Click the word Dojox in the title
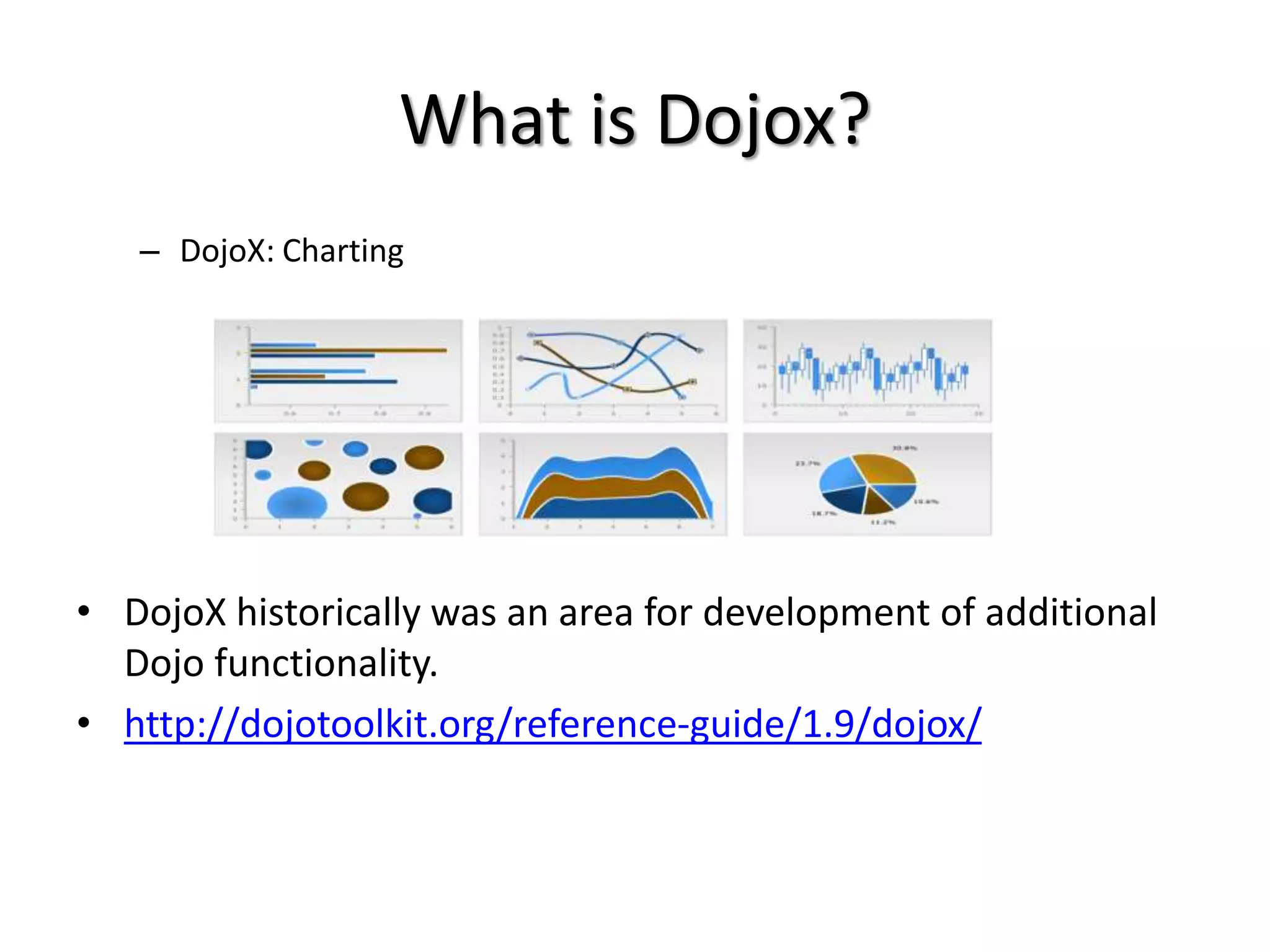746,120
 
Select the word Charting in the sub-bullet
343,252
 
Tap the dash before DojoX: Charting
149,252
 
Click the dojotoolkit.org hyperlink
552,723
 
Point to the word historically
329,612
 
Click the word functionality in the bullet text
326,663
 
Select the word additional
1071,612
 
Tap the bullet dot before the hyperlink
84,723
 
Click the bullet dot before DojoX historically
84,612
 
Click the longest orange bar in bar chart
347,350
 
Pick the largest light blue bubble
297,503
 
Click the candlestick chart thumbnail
867,371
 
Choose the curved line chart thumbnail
602,371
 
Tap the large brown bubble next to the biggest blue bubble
365,496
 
